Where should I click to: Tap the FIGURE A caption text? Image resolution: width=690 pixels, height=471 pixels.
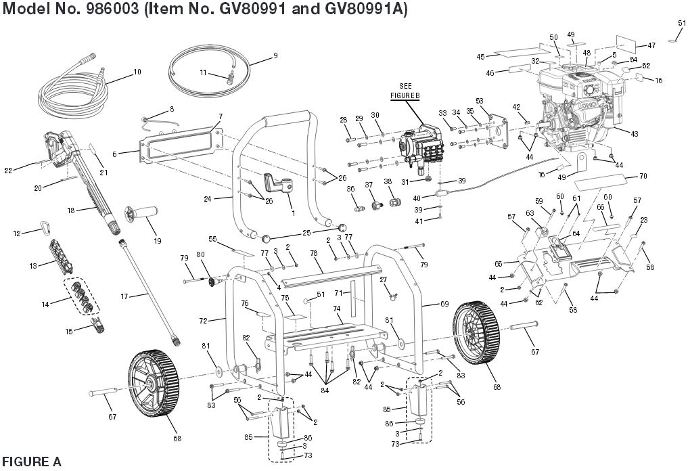point(30,462)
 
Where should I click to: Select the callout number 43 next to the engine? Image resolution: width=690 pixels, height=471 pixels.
point(634,134)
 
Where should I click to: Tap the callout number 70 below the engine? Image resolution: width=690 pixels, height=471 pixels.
point(643,176)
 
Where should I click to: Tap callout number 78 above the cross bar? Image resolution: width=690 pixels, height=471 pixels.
point(313,252)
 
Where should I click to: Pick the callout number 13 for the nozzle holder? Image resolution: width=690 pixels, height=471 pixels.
point(32,266)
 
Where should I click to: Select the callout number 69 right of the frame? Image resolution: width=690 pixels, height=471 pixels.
point(425,305)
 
